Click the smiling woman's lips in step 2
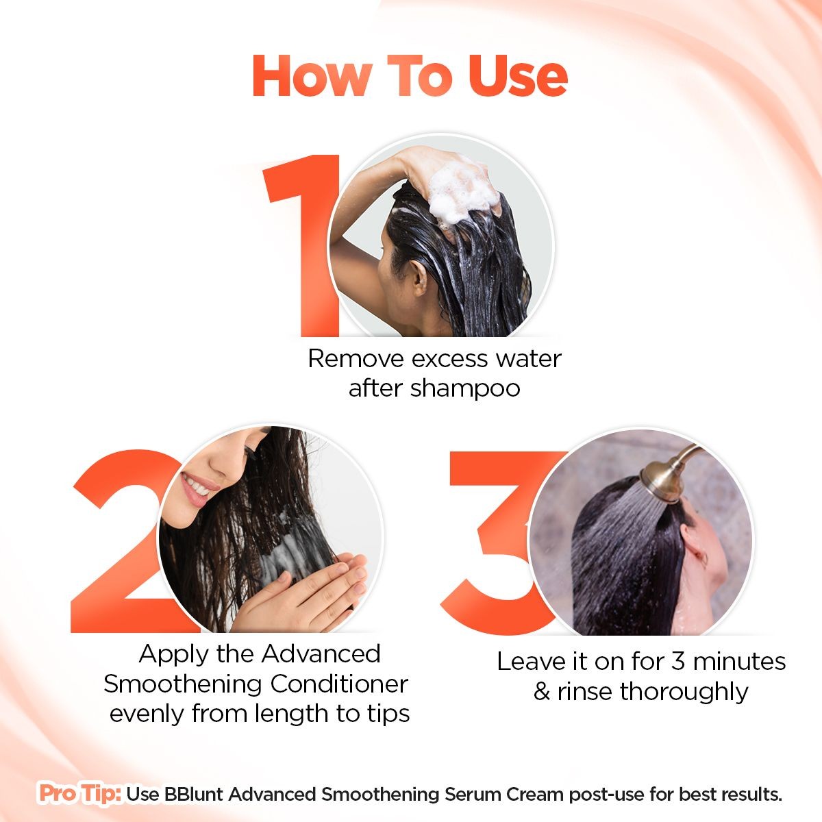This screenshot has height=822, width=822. click(x=199, y=489)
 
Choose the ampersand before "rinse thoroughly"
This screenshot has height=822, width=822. click(x=541, y=692)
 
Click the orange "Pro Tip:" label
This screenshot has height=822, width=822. click(x=80, y=794)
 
